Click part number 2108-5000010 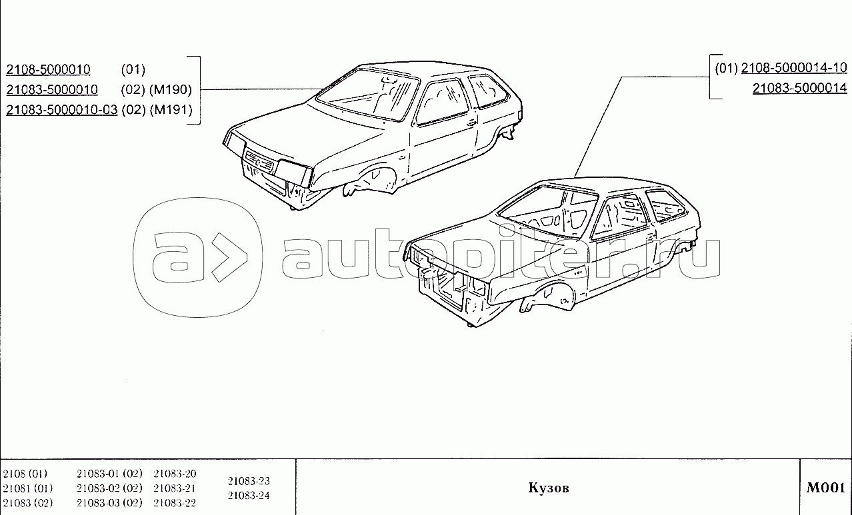pos(48,69)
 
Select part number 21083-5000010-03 pos(61,110)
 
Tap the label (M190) pos(170,90)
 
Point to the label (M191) pos(170,110)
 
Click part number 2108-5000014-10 pos(793,67)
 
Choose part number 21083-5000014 pos(799,88)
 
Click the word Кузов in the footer pos(549,488)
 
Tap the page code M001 pos(826,488)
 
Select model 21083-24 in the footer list pos(249,496)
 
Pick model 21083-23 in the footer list pos(249,481)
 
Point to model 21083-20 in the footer pos(175,474)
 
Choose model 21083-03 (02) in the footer pos(109,502)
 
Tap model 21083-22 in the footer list pos(175,502)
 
